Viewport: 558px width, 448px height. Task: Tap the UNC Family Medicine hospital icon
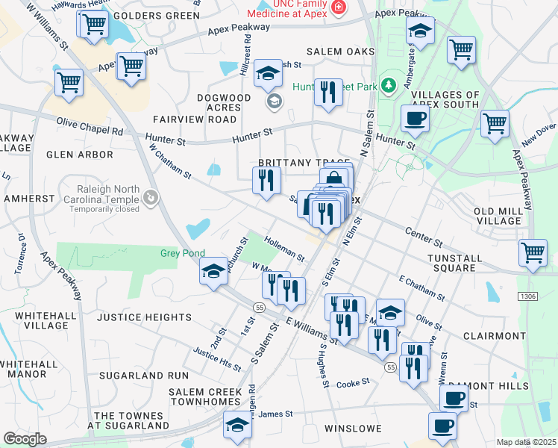tap(339, 7)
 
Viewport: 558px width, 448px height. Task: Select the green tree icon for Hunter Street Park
tap(387, 86)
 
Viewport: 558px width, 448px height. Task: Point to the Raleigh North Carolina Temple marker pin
tap(151, 197)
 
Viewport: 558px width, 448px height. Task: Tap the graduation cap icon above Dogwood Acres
tap(266, 74)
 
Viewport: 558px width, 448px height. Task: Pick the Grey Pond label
tap(183, 253)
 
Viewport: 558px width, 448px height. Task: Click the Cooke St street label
tap(353, 382)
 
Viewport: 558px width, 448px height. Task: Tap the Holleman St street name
tap(283, 249)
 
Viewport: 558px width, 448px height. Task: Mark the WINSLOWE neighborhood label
tap(353, 429)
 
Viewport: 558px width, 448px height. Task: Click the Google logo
tap(25, 439)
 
